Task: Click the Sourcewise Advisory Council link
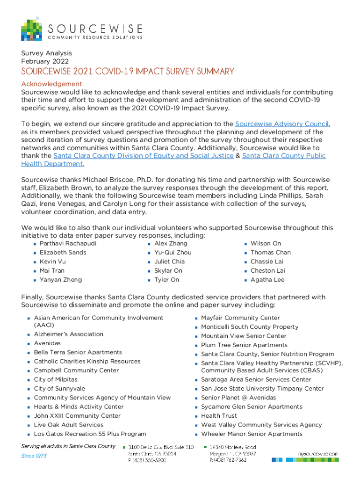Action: [x=282, y=124]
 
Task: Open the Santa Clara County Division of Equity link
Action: [x=143, y=156]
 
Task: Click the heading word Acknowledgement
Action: [x=51, y=84]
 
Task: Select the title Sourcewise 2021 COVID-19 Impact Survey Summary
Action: [x=127, y=72]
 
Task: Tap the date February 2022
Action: [x=45, y=61]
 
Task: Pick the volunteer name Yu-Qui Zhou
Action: [x=173, y=253]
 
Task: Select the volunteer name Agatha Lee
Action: [x=267, y=280]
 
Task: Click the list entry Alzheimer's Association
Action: [x=69, y=334]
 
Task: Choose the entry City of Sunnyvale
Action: [x=59, y=389]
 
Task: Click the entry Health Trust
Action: [x=219, y=416]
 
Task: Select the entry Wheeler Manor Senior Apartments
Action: [x=252, y=434]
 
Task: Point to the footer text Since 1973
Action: [x=34, y=456]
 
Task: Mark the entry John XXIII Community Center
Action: [x=77, y=416]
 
